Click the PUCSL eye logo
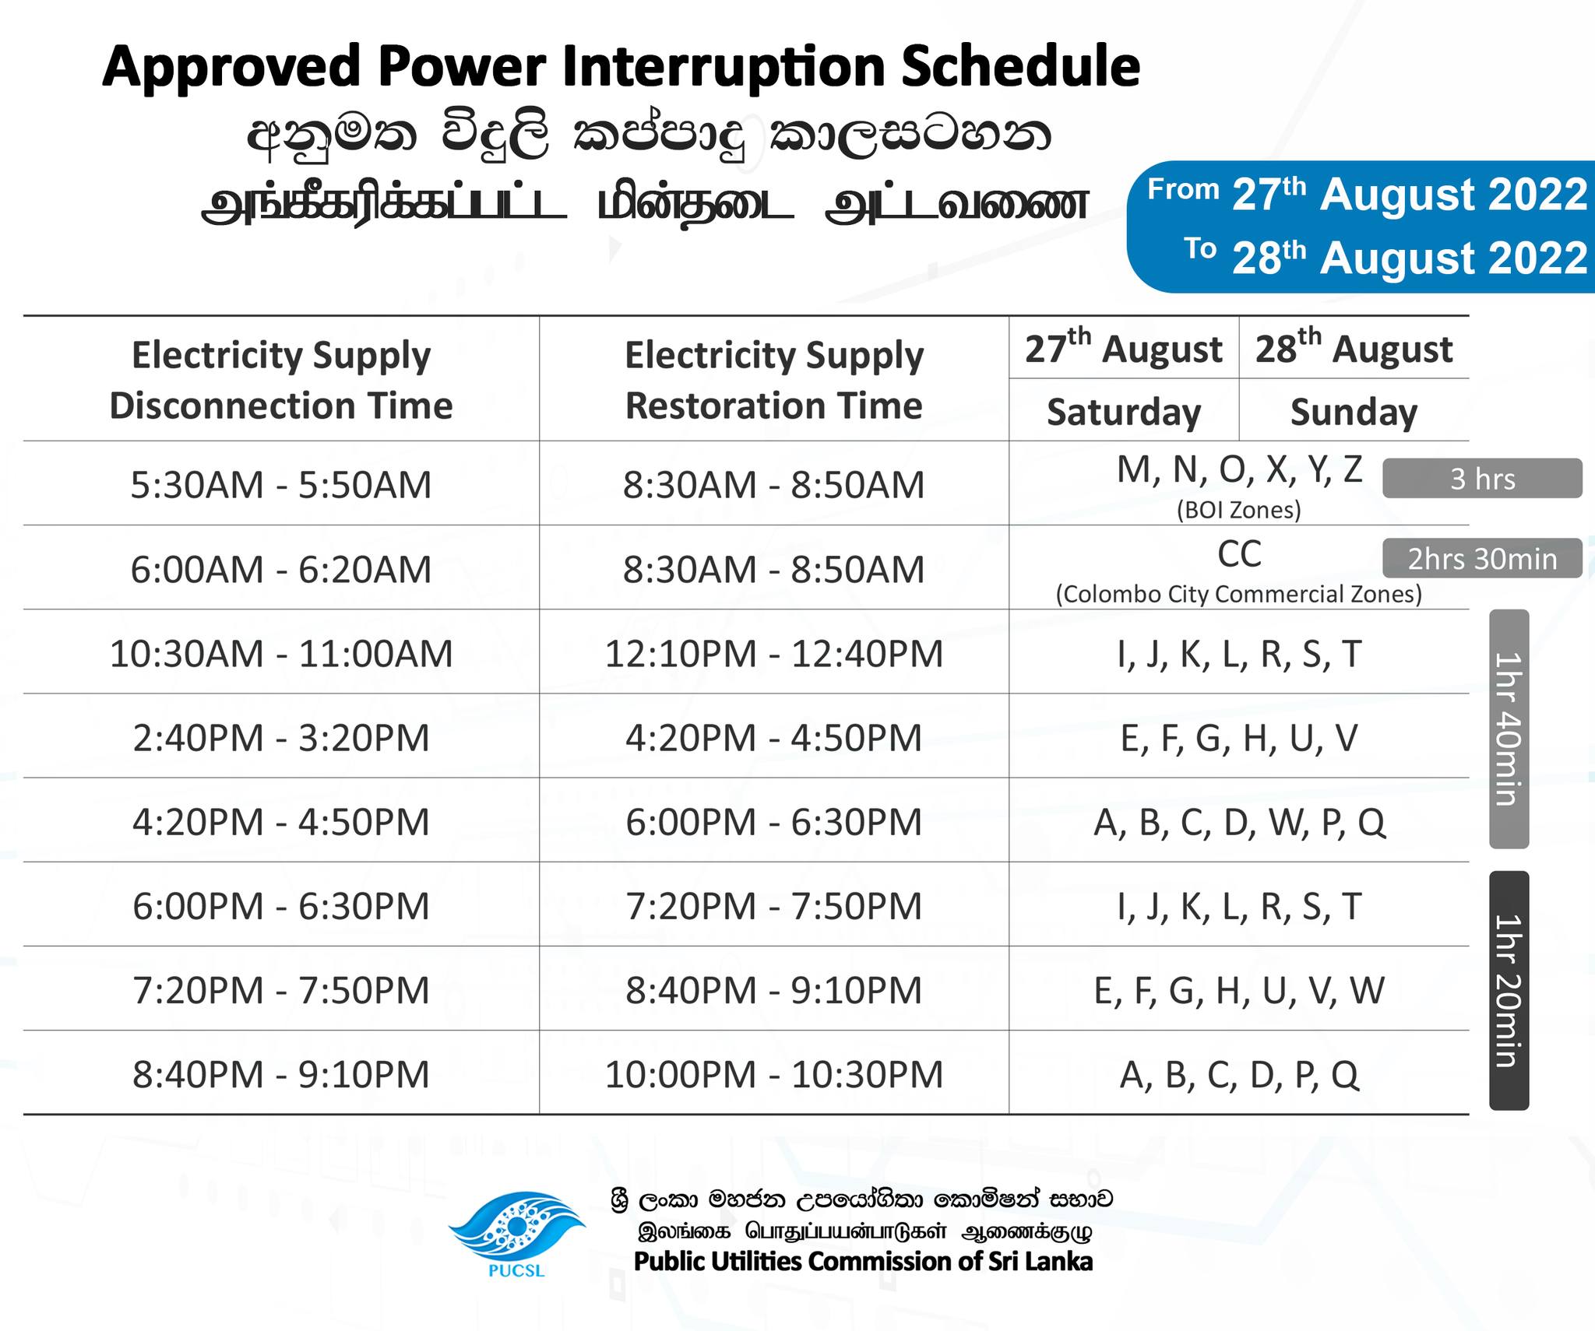point(516,1230)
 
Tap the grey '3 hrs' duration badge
point(1482,478)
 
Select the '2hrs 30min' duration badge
point(1482,558)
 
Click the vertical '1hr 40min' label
point(1509,729)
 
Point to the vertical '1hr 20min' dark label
point(1509,990)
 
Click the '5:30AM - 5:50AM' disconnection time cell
point(281,485)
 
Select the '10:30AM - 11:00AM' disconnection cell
point(281,653)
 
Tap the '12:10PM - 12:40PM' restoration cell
point(774,653)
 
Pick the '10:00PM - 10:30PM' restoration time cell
point(774,1074)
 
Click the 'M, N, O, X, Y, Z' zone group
point(1239,469)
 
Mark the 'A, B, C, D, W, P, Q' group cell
point(1239,822)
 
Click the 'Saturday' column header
point(1124,412)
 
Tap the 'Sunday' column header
point(1354,412)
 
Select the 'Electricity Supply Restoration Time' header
point(774,380)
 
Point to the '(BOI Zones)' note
point(1239,510)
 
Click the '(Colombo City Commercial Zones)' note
point(1239,594)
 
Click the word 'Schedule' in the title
point(1021,67)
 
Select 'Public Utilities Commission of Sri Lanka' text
point(863,1261)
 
